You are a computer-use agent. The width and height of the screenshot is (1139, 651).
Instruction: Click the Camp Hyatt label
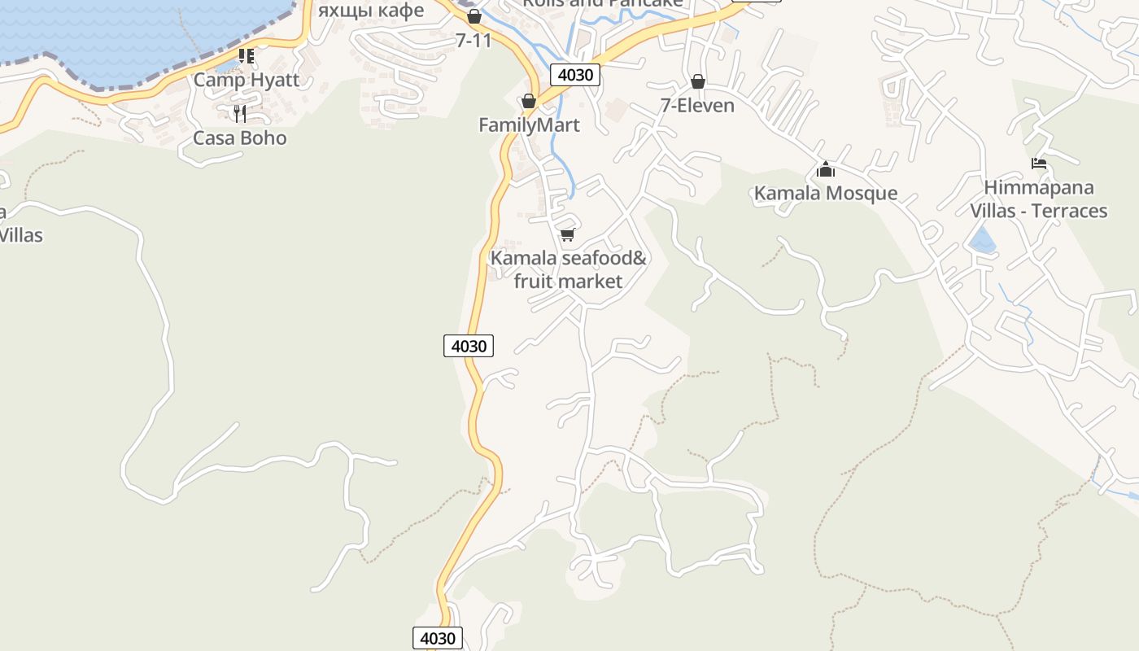(246, 80)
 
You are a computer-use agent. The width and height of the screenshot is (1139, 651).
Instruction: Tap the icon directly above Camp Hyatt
(246, 56)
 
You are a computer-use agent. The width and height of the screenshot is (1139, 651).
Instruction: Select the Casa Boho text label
(240, 138)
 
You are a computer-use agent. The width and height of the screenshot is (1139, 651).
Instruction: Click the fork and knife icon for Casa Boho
(240, 113)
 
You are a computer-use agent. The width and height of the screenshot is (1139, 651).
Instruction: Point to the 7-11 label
(473, 40)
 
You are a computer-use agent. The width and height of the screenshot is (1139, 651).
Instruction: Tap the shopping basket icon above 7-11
(474, 16)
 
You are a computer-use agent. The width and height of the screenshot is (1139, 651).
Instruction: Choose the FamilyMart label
(529, 125)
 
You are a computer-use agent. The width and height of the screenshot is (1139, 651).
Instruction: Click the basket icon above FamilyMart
(529, 101)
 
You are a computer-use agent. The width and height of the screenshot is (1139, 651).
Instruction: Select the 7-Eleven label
(697, 105)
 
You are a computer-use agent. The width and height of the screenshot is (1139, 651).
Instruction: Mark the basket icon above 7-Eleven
(697, 81)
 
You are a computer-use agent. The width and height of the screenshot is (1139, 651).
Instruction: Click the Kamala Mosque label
(826, 193)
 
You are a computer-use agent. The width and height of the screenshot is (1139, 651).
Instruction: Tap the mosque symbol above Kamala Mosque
(826, 169)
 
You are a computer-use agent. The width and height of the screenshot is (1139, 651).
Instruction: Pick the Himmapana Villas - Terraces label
(1038, 199)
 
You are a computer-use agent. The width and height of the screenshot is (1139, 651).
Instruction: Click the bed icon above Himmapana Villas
(1038, 164)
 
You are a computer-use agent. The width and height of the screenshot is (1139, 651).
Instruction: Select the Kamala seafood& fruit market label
(568, 269)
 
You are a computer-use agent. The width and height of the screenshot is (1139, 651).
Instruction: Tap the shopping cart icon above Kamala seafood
(568, 234)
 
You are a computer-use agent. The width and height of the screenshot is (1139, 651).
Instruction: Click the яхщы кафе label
(371, 10)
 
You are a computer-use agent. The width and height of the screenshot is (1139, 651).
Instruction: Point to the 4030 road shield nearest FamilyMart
(575, 75)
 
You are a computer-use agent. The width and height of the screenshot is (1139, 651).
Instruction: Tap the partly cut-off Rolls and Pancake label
(602, 3)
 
